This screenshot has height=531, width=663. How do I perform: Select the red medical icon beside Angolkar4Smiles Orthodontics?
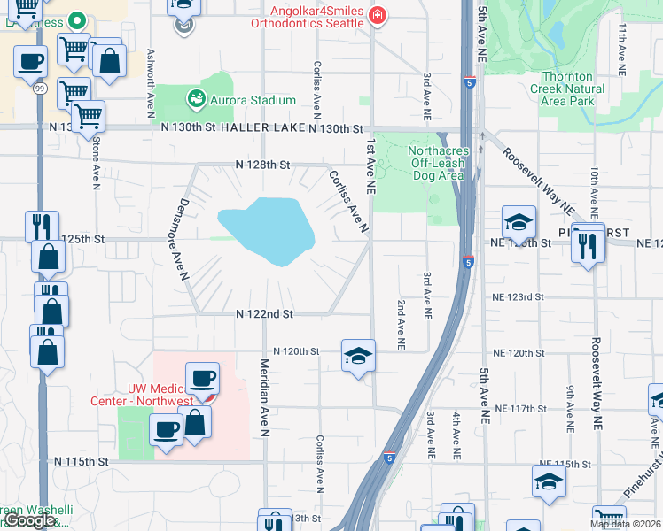tap(378, 15)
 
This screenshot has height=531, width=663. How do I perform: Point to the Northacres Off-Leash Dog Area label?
tap(435, 163)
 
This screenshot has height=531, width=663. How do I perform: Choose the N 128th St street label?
tap(262, 165)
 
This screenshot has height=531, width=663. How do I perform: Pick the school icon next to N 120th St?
tap(358, 357)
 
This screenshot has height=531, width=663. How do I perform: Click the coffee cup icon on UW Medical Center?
tap(202, 379)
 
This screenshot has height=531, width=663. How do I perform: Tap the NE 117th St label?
tap(520, 408)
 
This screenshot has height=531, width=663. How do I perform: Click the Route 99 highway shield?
tap(41, 88)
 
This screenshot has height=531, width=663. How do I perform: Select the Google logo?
tap(28, 520)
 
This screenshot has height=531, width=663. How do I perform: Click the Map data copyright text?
tap(625, 524)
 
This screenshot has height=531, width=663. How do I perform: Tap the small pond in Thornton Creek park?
tap(556, 33)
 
